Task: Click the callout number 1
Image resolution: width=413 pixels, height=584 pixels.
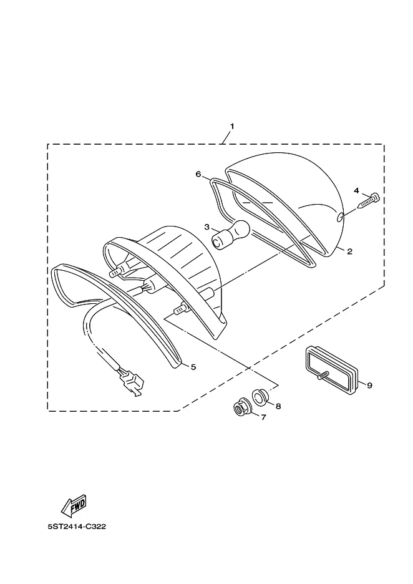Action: coord(232,127)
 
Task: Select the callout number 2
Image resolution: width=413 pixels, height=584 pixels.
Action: coord(349,251)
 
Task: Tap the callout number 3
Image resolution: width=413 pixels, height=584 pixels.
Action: coord(207,227)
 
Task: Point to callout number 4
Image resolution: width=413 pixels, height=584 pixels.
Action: coord(356,190)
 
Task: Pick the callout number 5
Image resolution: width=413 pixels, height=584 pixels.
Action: coord(193,367)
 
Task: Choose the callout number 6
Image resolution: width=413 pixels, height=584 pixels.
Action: coord(198,174)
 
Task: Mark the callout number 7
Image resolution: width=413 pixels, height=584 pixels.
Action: coord(263,417)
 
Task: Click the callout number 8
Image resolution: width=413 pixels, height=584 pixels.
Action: coord(278,406)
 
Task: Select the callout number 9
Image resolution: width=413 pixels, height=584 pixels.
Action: coord(369,385)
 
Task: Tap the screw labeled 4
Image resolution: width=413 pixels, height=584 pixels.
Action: coord(369,201)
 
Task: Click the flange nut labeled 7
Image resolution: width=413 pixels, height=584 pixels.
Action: coord(240,408)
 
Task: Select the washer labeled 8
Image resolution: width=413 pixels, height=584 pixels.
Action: coord(259,396)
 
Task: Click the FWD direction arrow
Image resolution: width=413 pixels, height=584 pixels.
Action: coord(74,506)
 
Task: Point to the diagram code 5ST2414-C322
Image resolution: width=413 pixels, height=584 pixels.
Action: coord(77,527)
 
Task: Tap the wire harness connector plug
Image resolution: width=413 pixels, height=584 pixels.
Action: coord(131,382)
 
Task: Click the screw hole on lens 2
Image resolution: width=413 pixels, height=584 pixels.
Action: coord(341,218)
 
